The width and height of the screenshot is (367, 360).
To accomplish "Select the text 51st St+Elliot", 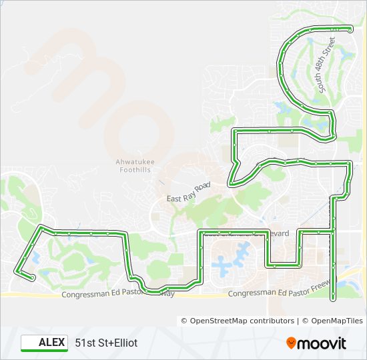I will tap(106, 343).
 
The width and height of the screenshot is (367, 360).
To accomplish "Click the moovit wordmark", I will tap(322, 343).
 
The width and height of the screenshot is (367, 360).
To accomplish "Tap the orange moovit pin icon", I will tap(292, 343).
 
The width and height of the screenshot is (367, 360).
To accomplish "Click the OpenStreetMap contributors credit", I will tap(238, 321).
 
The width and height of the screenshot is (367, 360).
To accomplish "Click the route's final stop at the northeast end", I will tap(350, 29).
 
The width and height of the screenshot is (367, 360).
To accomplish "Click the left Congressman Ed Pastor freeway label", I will tap(117, 294).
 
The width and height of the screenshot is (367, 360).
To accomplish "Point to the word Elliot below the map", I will tap(125, 343).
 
